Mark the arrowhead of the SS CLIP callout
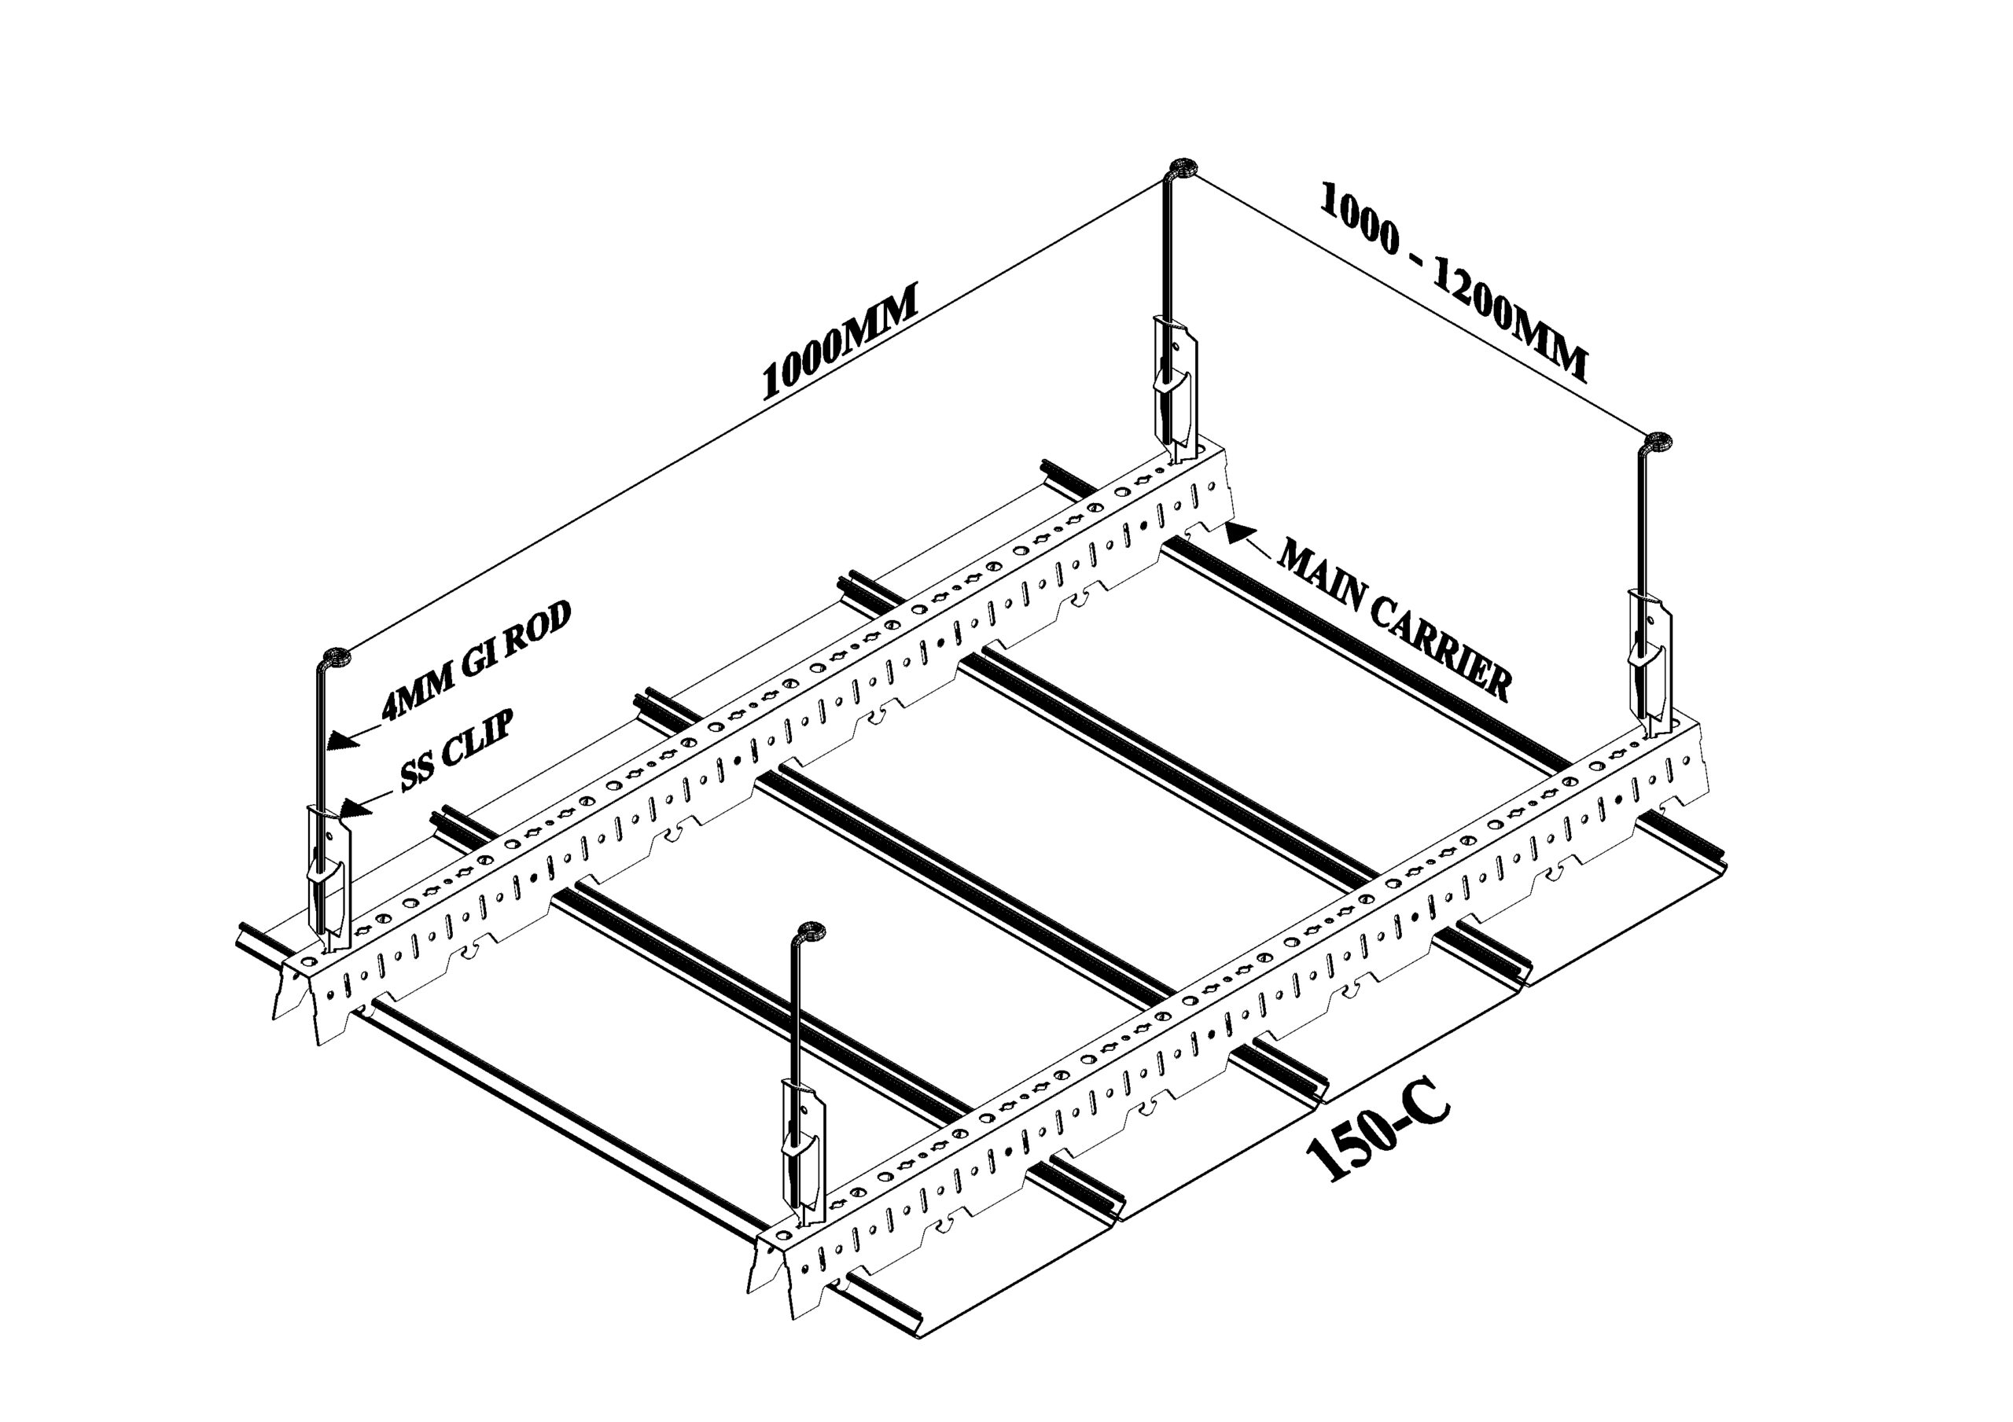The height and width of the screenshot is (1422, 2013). (356, 807)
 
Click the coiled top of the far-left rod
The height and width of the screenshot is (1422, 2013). (337, 656)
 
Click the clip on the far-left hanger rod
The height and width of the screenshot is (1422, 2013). (328, 876)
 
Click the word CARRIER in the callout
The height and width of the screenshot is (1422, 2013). (1438, 649)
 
